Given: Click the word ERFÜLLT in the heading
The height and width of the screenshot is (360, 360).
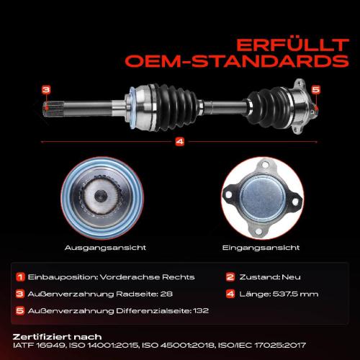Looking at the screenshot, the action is [x=292, y=45].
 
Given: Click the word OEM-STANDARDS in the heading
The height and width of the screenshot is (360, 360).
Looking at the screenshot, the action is [x=237, y=61].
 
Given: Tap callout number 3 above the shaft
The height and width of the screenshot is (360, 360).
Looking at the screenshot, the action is [x=46, y=90].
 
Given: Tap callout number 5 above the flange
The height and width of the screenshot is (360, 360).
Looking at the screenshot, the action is [x=316, y=90].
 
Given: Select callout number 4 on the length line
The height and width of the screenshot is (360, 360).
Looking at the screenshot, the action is [x=180, y=142].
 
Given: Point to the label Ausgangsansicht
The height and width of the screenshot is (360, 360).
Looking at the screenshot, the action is [x=105, y=248].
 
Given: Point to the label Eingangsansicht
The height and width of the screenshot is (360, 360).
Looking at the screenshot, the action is [x=261, y=248].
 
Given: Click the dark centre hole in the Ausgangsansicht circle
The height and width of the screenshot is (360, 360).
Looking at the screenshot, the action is [x=101, y=196].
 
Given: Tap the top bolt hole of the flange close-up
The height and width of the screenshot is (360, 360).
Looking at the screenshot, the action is [x=265, y=165].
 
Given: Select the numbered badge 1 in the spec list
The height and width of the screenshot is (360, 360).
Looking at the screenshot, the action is [x=20, y=277].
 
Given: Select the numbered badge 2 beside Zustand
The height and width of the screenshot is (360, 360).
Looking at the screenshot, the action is [x=230, y=277].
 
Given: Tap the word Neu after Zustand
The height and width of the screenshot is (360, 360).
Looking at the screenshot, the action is [x=291, y=277].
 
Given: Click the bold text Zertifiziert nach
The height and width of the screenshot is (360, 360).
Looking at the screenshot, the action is [x=57, y=337].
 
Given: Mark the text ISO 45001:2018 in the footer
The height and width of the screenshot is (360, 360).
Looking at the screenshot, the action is [x=178, y=346].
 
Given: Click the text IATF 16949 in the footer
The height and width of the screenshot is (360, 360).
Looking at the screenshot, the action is [x=39, y=346].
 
